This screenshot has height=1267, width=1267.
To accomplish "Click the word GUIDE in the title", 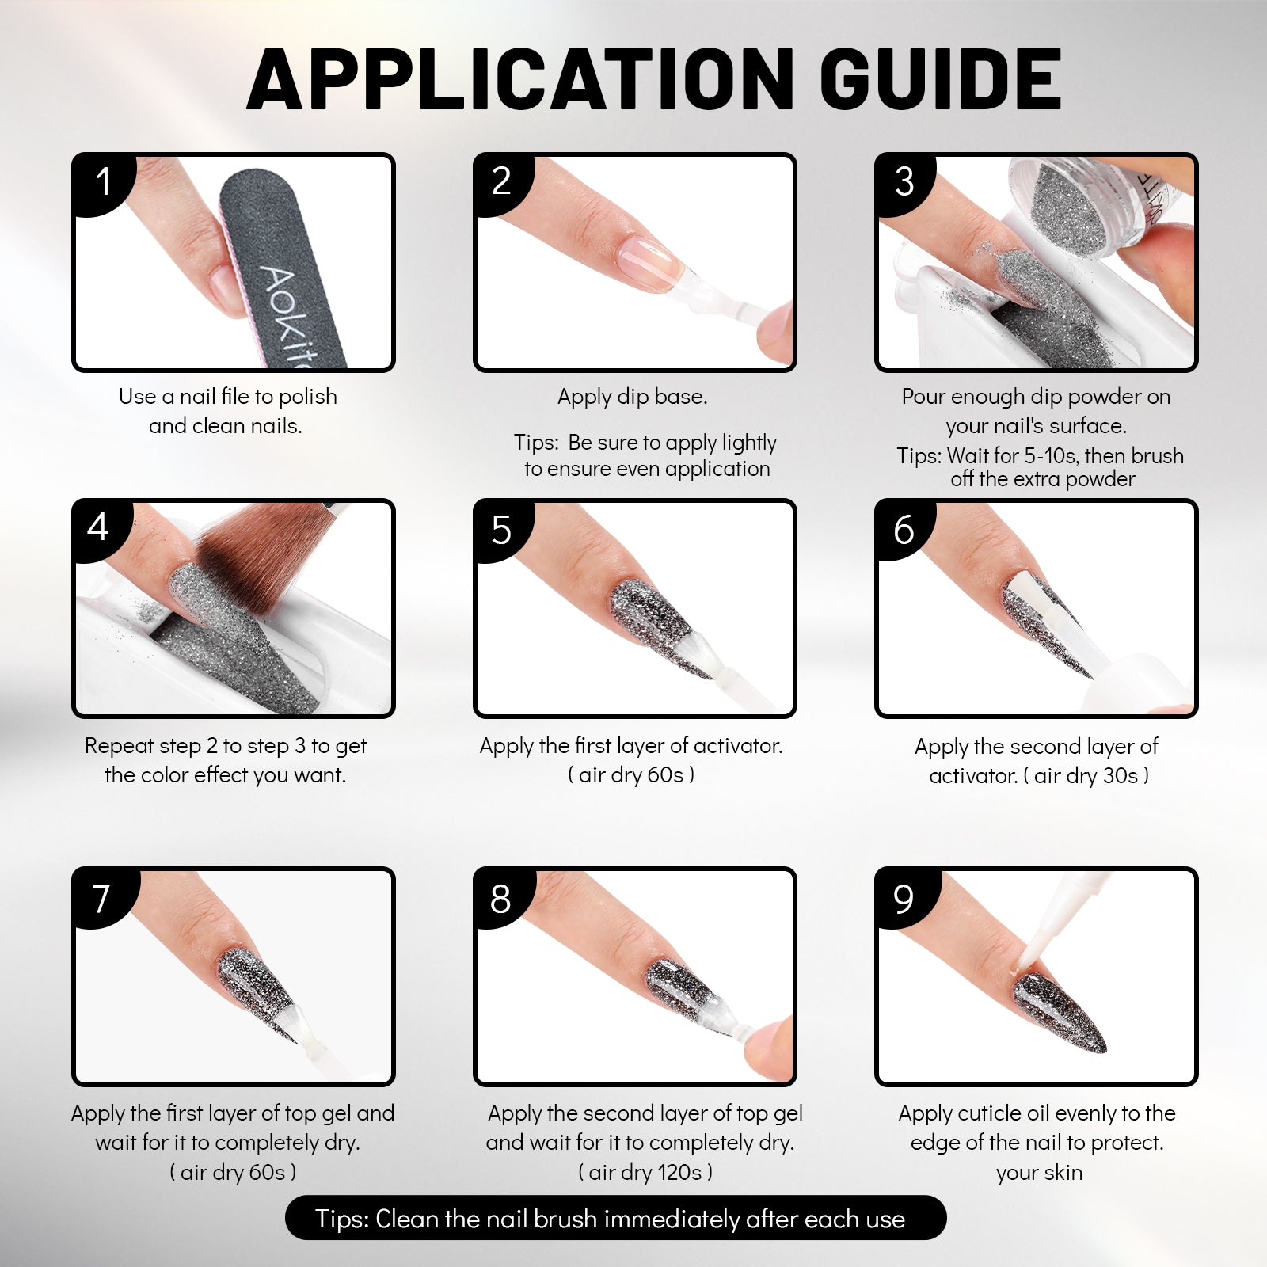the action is pos(940,79).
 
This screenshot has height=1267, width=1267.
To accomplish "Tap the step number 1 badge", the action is pos(103,181).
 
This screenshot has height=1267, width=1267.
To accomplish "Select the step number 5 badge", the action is pos(501,530).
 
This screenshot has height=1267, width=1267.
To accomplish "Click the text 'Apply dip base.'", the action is pos(632,397).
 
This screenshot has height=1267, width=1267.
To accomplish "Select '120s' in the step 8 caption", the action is pos(678,1172).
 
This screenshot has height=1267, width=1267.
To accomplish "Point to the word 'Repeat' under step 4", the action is pos(121,747).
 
